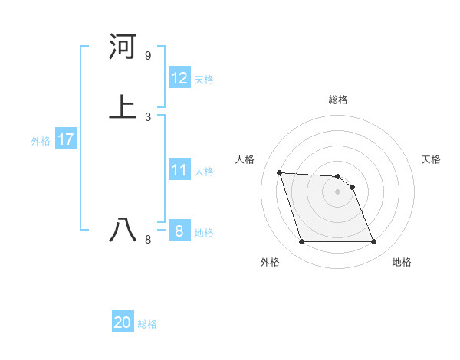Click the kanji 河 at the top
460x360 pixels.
(x=123, y=47)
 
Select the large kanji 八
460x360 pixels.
(x=123, y=229)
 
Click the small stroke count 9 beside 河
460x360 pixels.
(x=148, y=56)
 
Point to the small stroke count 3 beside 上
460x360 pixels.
(x=148, y=116)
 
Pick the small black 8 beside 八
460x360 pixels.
(x=148, y=240)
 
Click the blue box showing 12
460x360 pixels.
(x=179, y=78)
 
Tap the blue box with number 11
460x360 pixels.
(x=179, y=170)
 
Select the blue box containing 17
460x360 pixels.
(x=66, y=139)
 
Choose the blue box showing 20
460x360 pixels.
(x=123, y=322)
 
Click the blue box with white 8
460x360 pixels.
(x=179, y=231)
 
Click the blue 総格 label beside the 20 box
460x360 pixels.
(x=147, y=324)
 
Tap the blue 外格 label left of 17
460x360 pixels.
(x=41, y=141)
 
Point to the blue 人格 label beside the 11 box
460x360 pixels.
(x=205, y=172)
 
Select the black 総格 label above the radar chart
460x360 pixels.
(x=338, y=100)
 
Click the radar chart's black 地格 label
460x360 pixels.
(x=402, y=263)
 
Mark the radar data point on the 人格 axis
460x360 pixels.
(x=279, y=172)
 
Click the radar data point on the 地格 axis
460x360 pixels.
(x=373, y=242)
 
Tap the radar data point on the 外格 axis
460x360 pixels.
(x=301, y=242)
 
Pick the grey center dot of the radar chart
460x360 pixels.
(x=338, y=191)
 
